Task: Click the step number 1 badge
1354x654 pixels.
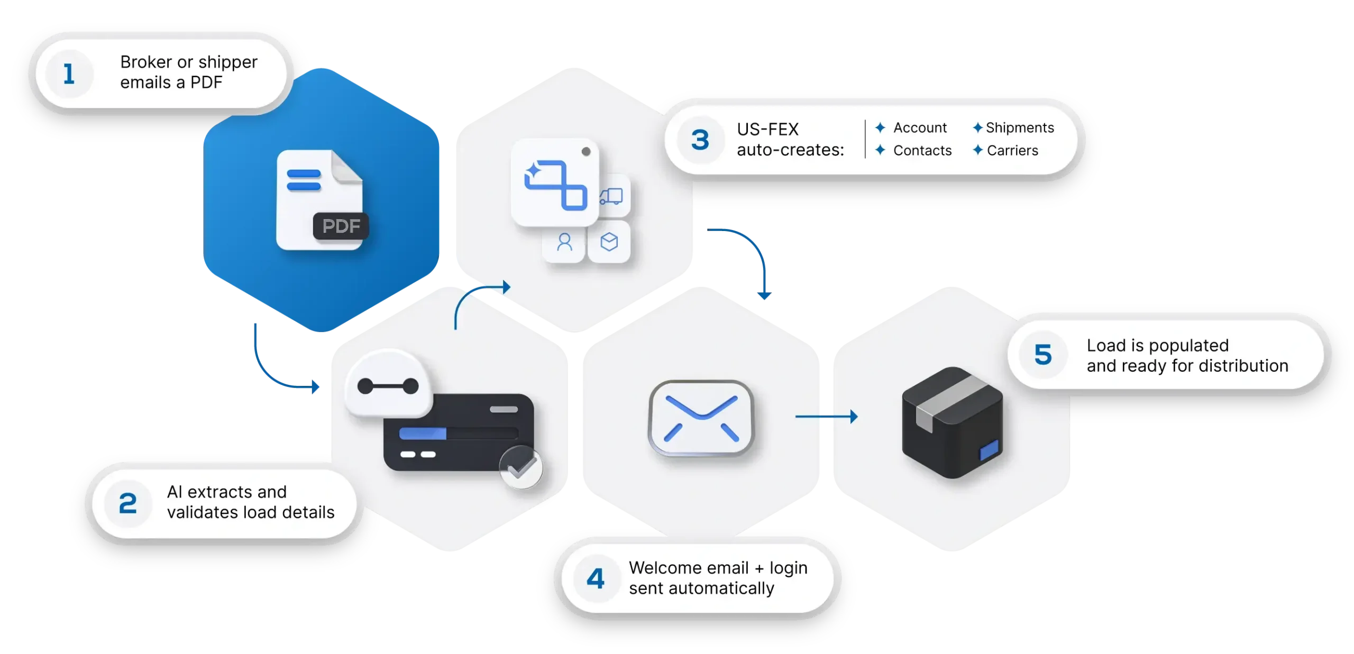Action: coord(69,73)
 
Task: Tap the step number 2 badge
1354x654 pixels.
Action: coord(127,503)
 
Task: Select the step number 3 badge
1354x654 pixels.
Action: coord(700,140)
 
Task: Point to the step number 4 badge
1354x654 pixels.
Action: coord(596,578)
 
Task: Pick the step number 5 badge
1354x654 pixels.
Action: coord(1043,355)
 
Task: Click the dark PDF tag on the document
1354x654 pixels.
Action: coord(341,226)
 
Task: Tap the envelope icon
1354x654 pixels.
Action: coord(701,418)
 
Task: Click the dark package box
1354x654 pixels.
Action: coord(952,423)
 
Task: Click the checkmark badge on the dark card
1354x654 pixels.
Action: coord(521,467)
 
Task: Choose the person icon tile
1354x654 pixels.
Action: coord(565,243)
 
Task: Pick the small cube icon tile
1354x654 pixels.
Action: coord(609,243)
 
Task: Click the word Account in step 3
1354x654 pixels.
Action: coord(920,128)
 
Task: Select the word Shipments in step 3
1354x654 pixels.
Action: coord(1020,128)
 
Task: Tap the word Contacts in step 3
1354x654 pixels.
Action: coord(922,151)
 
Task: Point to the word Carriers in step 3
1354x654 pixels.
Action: coord(1012,151)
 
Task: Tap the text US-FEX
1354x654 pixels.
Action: coord(767,130)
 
